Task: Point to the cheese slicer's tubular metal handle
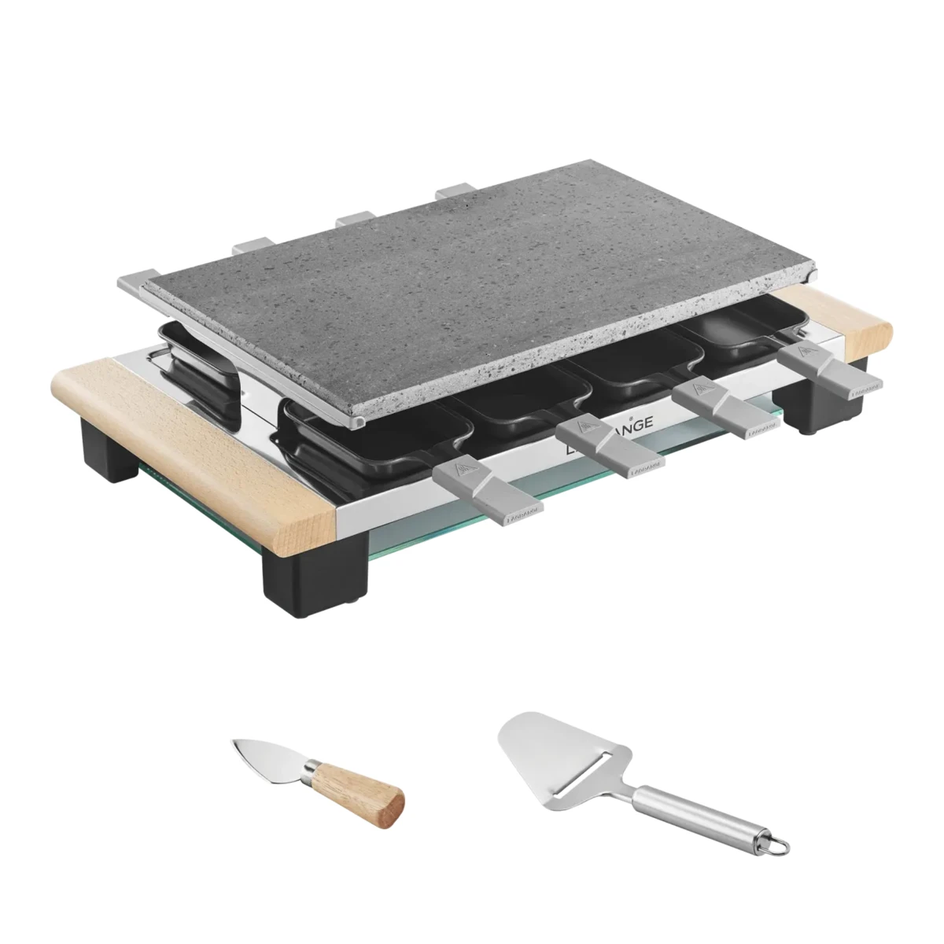(x=692, y=815)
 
